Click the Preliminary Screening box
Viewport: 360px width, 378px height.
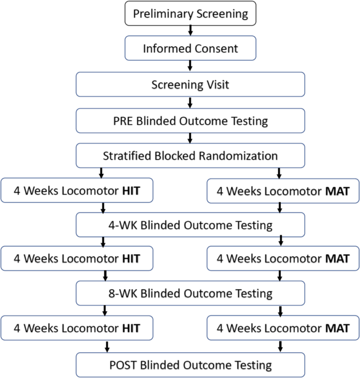pyautogui.click(x=190, y=14)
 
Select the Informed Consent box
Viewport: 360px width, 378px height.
pyautogui.click(x=190, y=49)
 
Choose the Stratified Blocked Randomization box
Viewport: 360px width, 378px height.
pyautogui.click(x=190, y=156)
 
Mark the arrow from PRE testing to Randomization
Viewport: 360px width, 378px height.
pyautogui.click(x=190, y=138)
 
